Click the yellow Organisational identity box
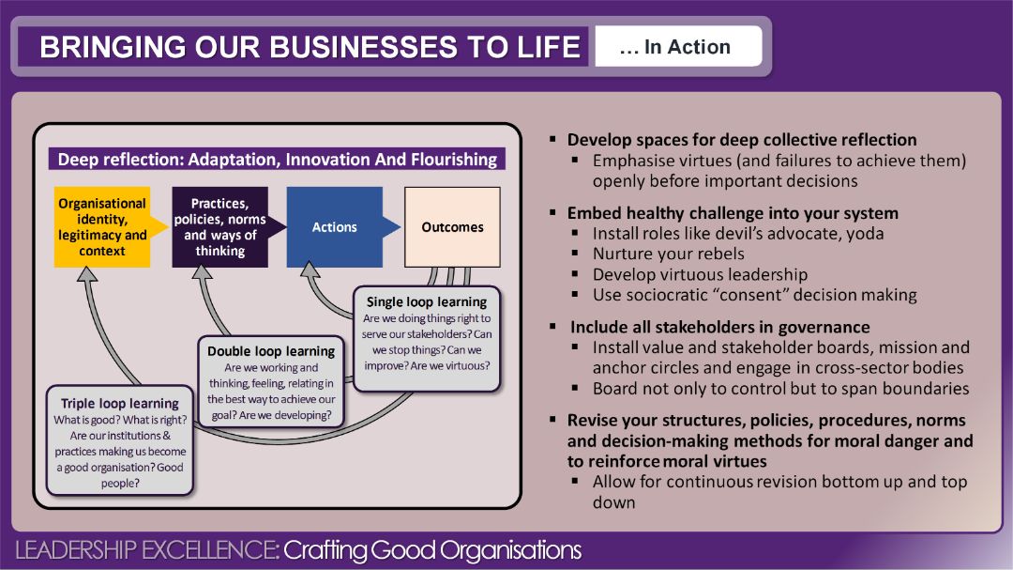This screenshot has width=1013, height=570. (x=102, y=227)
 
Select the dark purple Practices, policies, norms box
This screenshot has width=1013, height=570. (x=219, y=227)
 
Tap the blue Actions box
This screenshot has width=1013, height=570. (x=335, y=227)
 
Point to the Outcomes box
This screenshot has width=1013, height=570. (x=452, y=227)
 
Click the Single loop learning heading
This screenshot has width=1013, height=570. (x=427, y=301)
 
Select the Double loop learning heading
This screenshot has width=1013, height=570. (x=271, y=351)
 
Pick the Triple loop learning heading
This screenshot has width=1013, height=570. (x=120, y=403)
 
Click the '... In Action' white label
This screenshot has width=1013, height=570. (x=678, y=47)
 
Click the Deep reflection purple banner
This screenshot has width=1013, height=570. (x=277, y=159)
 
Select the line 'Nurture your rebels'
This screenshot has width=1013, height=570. (x=669, y=254)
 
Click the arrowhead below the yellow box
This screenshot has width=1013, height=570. (x=87, y=274)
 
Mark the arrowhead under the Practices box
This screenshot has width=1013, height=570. (x=203, y=271)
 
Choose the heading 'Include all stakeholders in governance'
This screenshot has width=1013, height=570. (x=719, y=327)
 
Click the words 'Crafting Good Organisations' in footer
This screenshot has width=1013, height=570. (x=432, y=550)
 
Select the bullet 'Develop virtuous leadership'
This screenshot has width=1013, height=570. (x=701, y=274)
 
